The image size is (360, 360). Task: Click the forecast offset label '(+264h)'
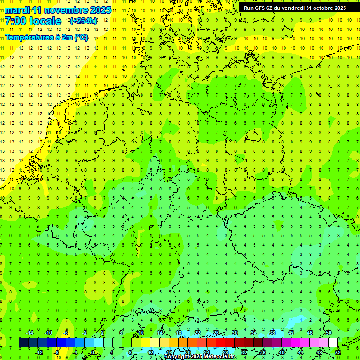[83, 21]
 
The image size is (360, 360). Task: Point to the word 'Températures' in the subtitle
[29, 37]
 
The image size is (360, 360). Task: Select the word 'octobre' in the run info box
[319, 8]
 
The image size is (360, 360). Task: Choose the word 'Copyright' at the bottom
[177, 357]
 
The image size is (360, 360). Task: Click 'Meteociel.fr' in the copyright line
[220, 357]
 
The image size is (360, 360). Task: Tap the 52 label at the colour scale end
[338, 352]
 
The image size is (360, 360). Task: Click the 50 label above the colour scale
[329, 333]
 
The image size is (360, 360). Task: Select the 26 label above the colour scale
[216, 333]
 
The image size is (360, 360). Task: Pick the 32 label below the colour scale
[244, 352]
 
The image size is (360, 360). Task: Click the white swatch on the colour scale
[333, 343]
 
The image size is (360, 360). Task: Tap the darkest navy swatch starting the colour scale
[23, 343]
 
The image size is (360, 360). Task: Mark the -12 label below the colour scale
[39, 352]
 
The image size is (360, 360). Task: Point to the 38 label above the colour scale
[272, 333]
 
